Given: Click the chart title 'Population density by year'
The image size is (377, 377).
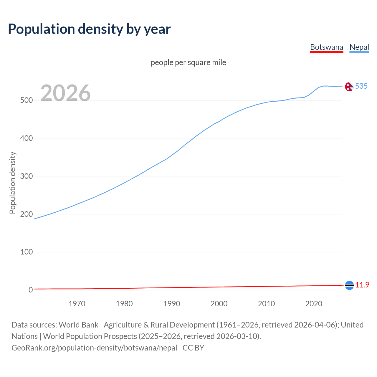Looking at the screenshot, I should coord(89,29).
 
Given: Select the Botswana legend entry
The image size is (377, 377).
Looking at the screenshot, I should coord(327,47).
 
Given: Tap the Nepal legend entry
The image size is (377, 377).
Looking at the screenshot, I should coord(359,47).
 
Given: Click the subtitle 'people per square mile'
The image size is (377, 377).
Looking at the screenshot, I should coord(188,62).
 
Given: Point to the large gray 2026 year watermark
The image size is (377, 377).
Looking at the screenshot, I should coord(65,93).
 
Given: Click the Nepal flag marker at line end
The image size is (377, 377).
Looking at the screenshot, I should coord(349,87).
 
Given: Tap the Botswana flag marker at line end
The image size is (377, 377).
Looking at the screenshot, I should coord(349,285).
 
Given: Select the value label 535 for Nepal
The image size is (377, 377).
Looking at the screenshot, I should coord(361,86).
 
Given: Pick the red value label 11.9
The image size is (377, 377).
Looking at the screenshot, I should coord(362,285).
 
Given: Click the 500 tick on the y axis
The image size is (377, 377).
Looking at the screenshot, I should coord(26,100).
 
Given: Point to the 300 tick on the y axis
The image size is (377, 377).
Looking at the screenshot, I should coord(26,176).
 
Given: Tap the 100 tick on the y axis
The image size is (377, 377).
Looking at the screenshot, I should coord(26,252).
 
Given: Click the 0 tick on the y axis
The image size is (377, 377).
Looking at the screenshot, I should coord(31,290).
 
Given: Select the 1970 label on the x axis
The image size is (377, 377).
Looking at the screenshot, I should coord(77,304).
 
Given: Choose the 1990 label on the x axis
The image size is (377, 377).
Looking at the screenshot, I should coord(172,304).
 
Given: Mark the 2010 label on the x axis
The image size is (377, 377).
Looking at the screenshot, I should coord(266,304).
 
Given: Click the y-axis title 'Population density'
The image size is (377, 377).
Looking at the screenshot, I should coord(12,183).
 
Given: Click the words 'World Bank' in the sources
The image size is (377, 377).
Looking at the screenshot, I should coord(78,325).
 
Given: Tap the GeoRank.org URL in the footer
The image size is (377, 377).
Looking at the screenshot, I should coord(94,348).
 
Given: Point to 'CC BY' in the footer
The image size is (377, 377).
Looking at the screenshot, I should coord(193,348).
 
